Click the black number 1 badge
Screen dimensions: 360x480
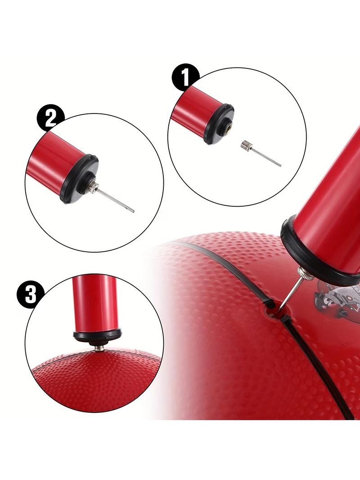(x=185, y=77)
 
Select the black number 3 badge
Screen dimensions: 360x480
(x=30, y=295)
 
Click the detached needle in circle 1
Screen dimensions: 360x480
(x=261, y=154)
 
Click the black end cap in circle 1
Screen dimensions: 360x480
(x=219, y=124)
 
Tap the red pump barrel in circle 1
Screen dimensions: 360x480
(x=192, y=111)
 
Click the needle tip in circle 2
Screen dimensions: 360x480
(x=132, y=211)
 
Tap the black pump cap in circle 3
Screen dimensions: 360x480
(x=97, y=337)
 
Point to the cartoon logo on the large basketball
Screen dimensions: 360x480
(x=337, y=303)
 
